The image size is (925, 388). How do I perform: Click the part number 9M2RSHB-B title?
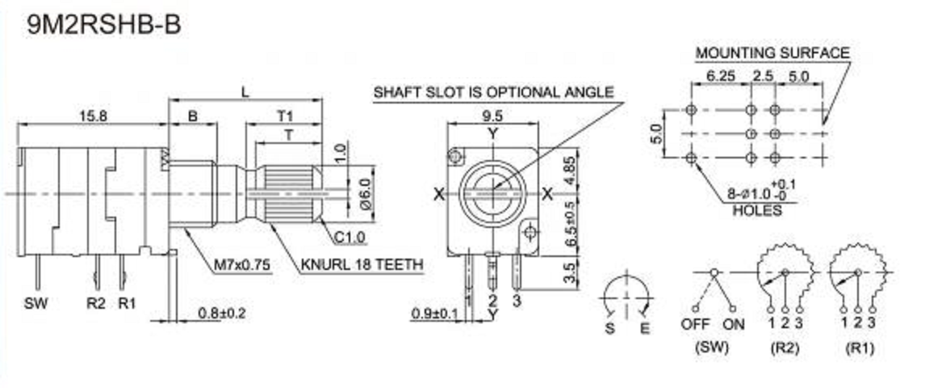[104, 25]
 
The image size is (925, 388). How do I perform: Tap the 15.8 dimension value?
[93, 116]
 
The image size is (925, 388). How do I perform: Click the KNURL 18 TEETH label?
[362, 265]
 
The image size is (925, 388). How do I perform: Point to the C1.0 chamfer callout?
[349, 238]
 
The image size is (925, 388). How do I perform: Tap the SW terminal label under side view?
[36, 304]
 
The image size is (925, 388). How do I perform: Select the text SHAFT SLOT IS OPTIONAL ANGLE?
[494, 93]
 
